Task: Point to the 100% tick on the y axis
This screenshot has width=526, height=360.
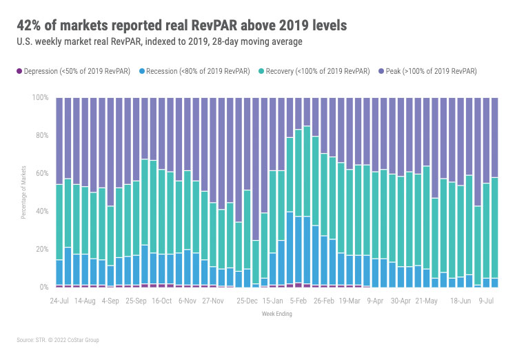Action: tap(40, 98)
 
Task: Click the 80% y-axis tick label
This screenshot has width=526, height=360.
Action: tap(41, 136)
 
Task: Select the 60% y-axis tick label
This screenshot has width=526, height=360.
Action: tap(41, 174)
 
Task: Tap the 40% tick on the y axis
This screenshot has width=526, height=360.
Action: tap(41, 211)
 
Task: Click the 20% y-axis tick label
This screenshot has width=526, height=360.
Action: tap(41, 249)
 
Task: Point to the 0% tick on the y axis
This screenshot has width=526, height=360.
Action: tap(43, 287)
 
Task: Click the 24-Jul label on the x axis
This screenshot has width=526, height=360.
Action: tap(59, 301)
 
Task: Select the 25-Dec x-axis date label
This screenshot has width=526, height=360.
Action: tap(247, 301)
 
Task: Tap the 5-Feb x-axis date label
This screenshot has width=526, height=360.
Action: tap(299, 301)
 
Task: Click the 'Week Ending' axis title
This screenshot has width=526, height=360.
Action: tap(276, 314)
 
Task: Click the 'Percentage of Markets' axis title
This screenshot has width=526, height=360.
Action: tap(23, 192)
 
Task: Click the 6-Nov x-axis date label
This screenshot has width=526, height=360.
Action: tap(188, 301)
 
